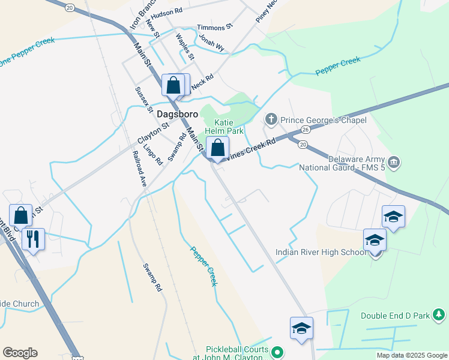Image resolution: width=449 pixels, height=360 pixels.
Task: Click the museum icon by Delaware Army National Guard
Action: point(394,162)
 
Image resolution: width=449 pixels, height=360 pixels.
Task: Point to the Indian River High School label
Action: point(321,252)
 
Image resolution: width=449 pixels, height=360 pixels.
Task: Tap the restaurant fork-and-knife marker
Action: point(32,238)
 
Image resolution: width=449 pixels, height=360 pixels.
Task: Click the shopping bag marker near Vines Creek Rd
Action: point(218,148)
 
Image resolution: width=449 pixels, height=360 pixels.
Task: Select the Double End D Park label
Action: point(396,316)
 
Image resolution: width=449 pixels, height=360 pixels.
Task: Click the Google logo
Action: point(20,353)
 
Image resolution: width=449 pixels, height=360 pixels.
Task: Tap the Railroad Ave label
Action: point(140,169)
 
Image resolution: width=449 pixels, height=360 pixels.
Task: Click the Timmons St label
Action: point(214,28)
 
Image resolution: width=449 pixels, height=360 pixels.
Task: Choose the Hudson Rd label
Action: point(167,12)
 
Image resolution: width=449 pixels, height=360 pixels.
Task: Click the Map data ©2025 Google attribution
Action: point(412,355)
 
